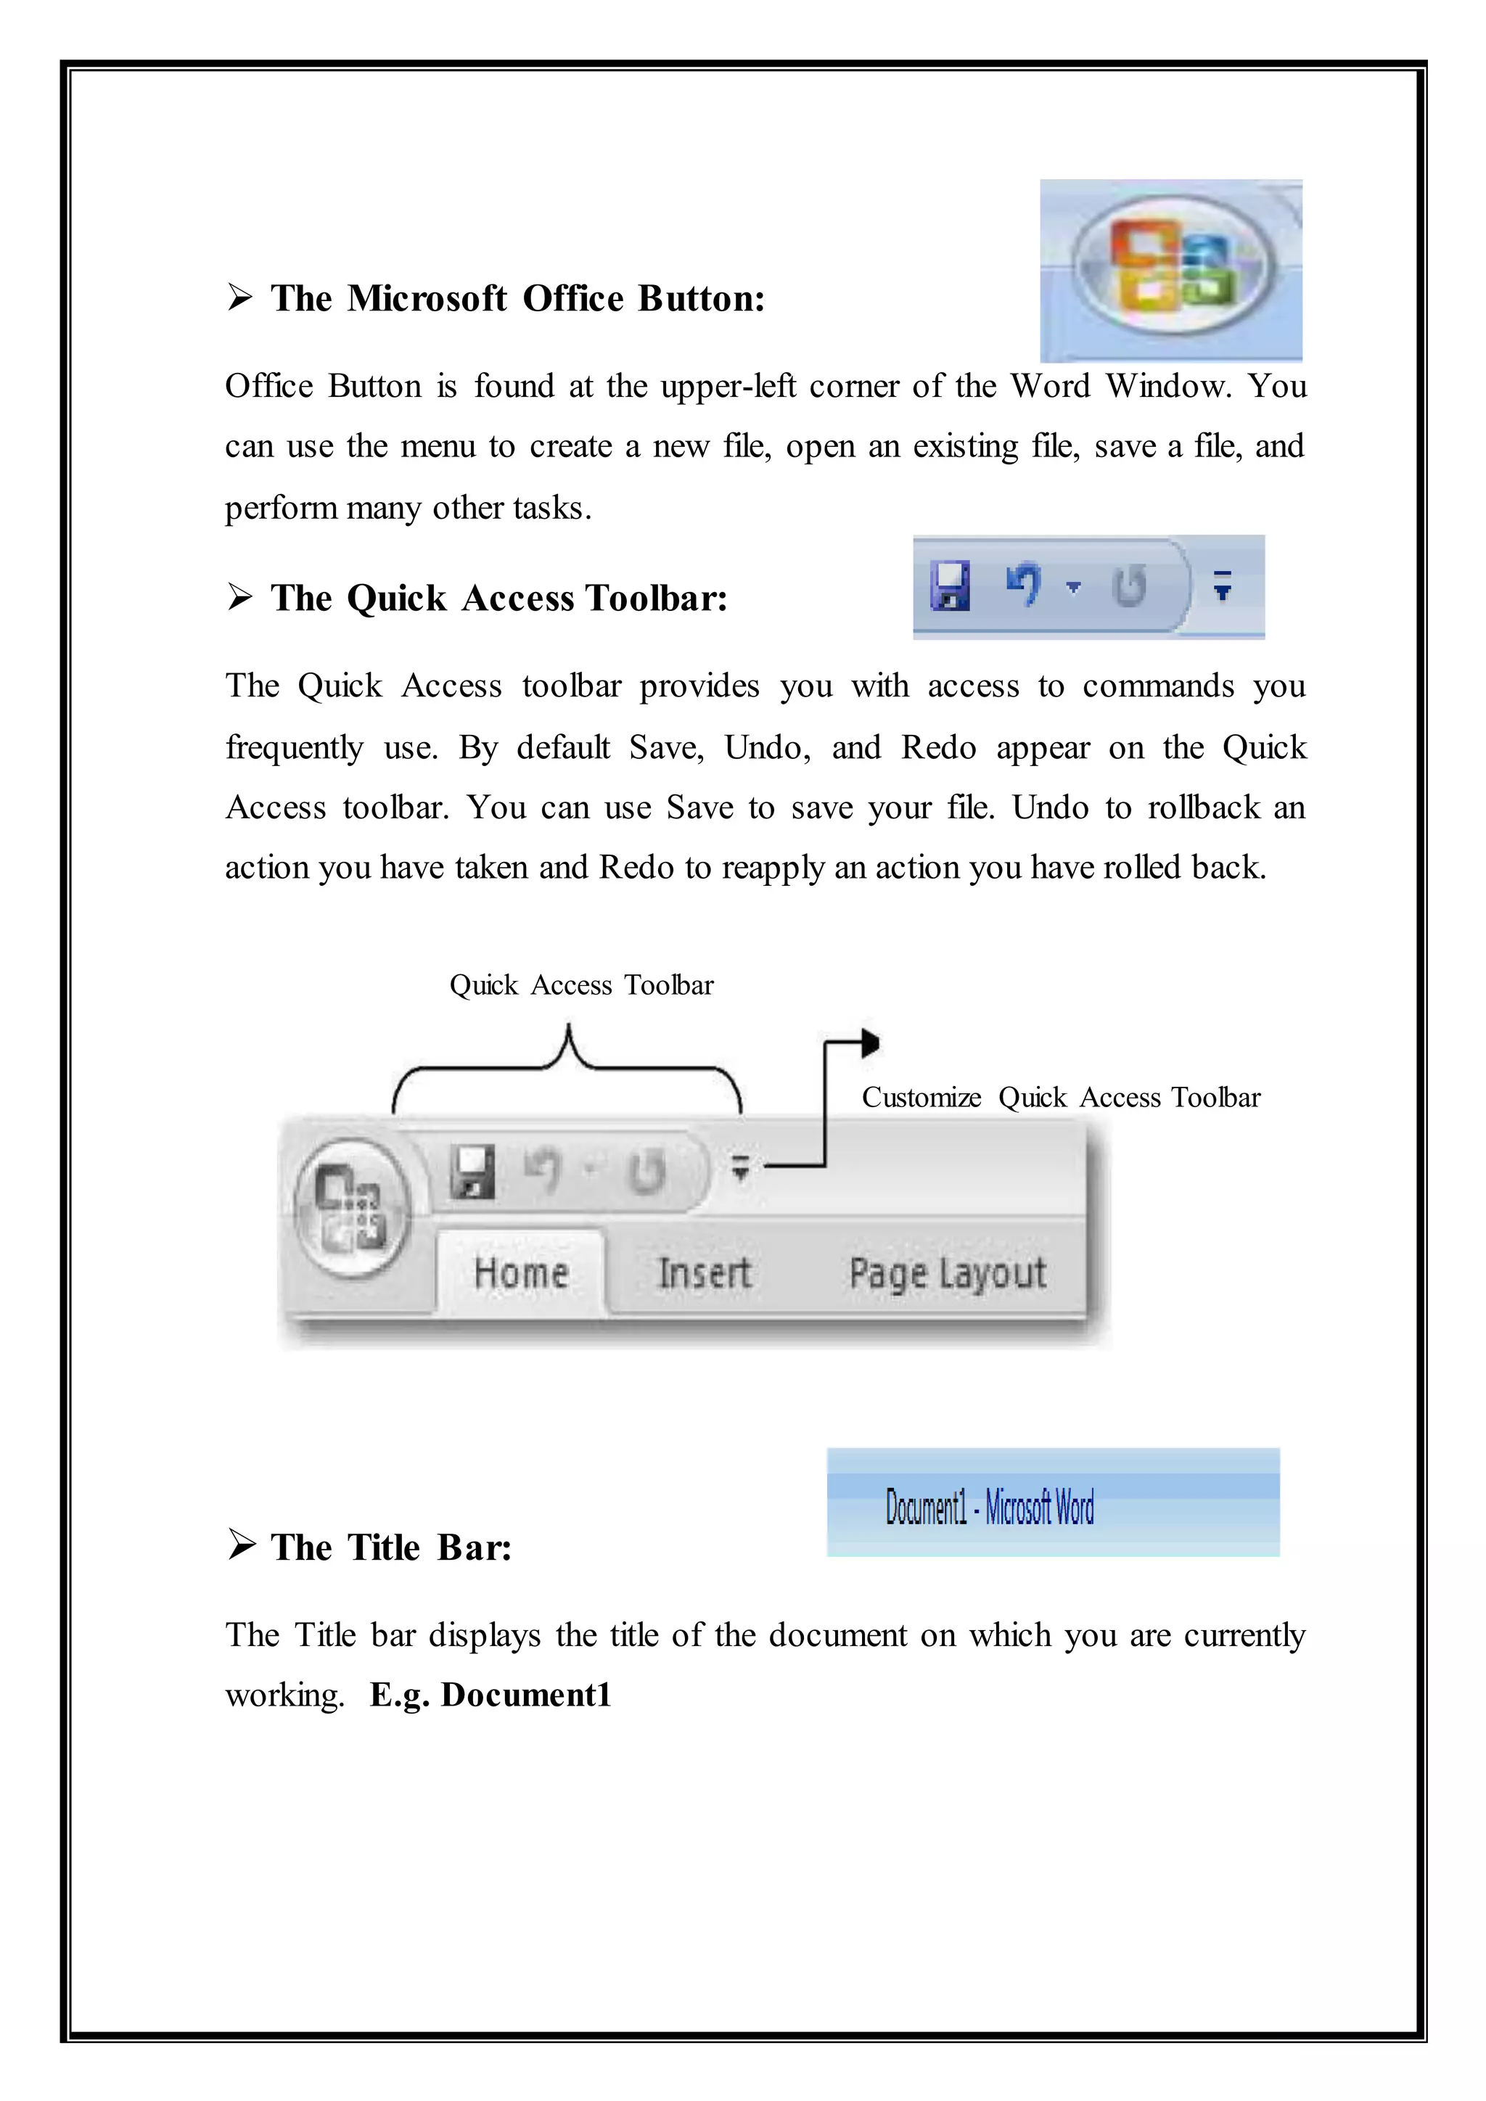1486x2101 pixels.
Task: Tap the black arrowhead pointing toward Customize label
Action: [x=869, y=1043]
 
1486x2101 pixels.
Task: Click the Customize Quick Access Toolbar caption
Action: [x=1061, y=1097]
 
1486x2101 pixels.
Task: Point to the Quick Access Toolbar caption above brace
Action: [x=581, y=984]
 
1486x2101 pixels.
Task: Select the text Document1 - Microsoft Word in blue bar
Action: [x=989, y=1507]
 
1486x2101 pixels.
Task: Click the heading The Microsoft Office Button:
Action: [x=517, y=298]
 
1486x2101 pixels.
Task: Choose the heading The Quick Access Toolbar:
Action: [x=498, y=599]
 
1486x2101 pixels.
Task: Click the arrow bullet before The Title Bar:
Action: [x=242, y=1545]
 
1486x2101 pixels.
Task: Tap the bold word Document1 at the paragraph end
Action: [x=525, y=1695]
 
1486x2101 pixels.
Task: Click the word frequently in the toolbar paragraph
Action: [x=295, y=748]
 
